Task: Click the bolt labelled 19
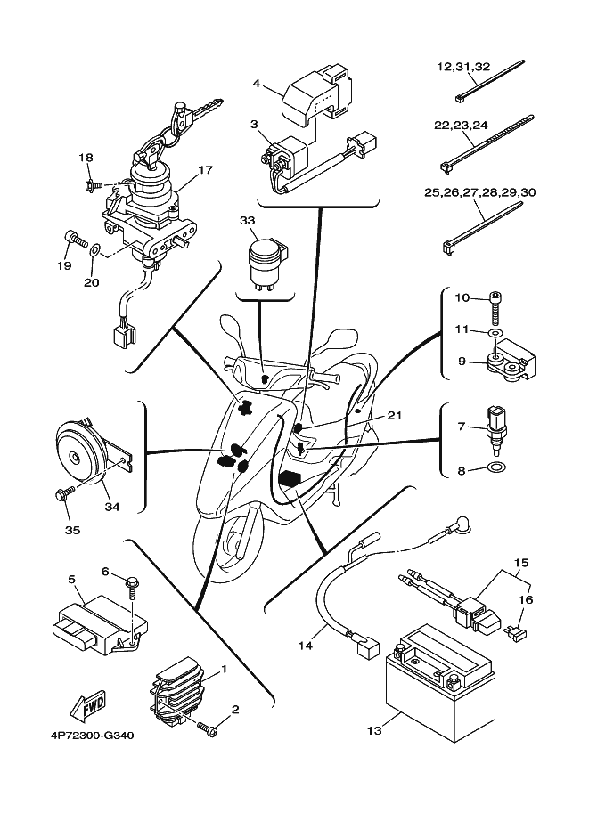pyautogui.click(x=73, y=238)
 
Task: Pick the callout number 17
pyautogui.click(x=204, y=169)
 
